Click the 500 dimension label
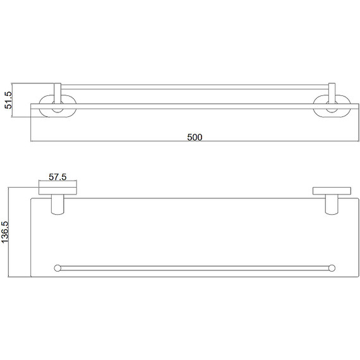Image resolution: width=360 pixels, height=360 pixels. point(195,137)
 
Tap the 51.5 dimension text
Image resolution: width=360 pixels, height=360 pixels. point(8,100)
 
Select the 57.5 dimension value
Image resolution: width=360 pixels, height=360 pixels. point(57,177)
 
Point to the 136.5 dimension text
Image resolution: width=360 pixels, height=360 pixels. point(5,232)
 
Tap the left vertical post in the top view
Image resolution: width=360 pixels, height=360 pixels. point(57,93)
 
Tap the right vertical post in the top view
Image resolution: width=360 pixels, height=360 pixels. point(332,93)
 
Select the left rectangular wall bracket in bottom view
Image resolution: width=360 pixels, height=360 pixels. point(57,191)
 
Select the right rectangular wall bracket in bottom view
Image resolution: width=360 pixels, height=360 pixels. point(332,191)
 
